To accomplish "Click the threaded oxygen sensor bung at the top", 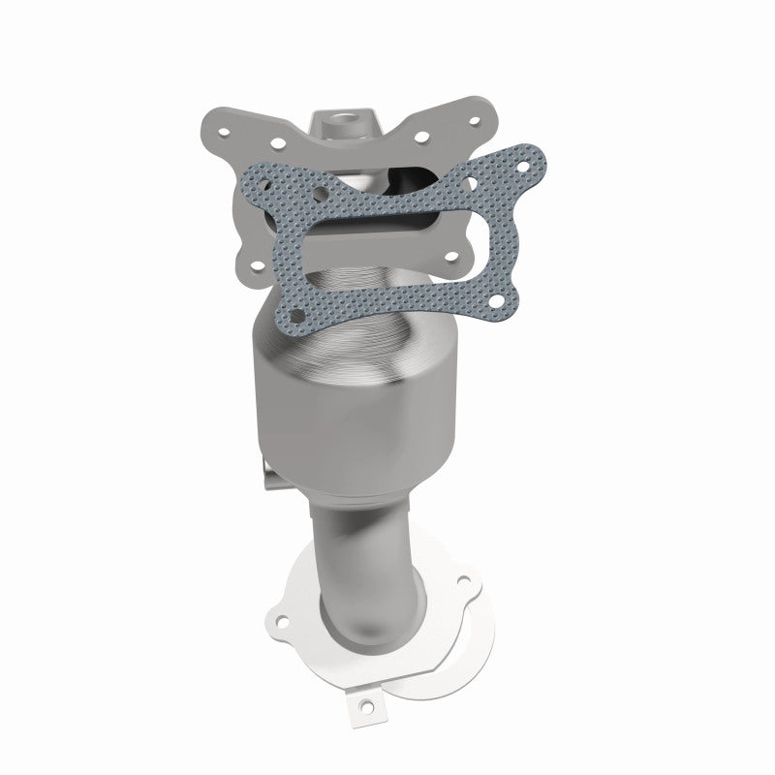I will (x=345, y=124).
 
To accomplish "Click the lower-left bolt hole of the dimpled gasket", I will (x=298, y=313).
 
